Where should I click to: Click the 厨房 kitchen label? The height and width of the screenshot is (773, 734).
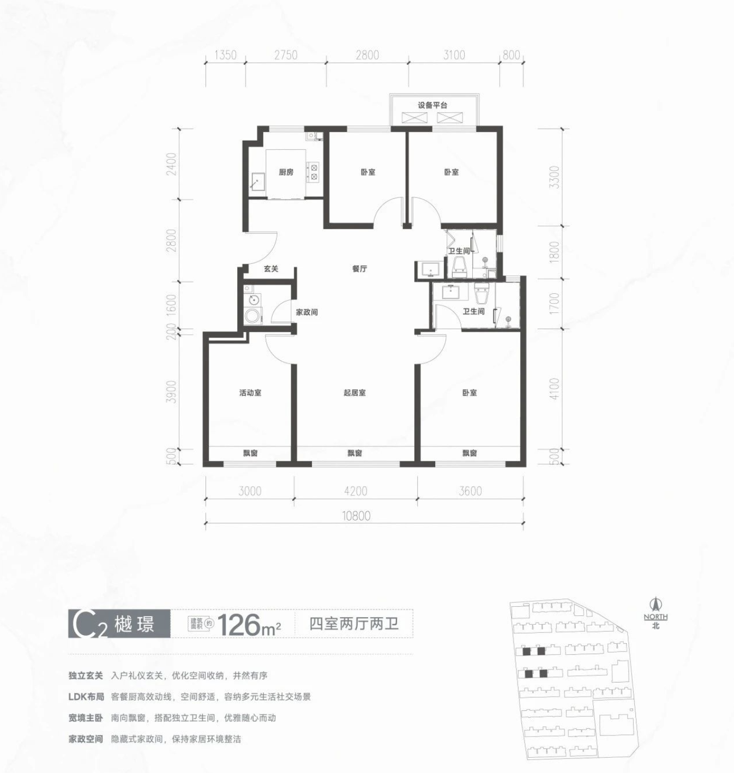point(286,172)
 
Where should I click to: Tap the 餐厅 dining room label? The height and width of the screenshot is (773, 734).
point(359,269)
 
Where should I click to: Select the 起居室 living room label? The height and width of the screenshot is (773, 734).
point(355,393)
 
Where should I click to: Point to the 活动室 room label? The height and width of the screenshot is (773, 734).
point(250,393)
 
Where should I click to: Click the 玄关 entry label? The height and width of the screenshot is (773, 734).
point(271,269)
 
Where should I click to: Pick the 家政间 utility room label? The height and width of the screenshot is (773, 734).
point(307,312)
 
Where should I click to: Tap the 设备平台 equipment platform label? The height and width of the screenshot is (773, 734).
point(432,105)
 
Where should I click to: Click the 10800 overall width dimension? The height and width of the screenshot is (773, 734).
point(357,516)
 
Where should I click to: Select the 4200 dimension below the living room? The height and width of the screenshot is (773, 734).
point(356,491)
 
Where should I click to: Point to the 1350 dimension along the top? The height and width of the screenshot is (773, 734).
point(226,55)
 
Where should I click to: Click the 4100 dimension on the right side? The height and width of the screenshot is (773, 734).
point(554,389)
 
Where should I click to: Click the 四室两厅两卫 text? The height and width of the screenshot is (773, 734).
point(354,624)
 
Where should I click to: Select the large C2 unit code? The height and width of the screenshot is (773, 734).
point(84,625)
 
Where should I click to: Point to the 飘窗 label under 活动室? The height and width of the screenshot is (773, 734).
point(250,454)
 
